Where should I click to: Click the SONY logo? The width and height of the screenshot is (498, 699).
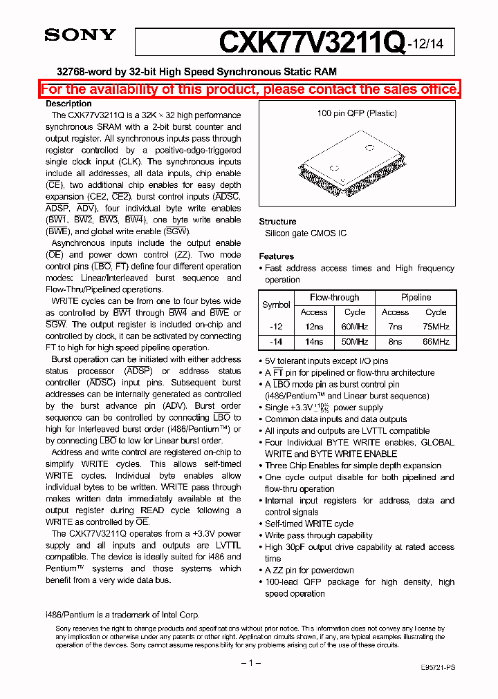point(80,35)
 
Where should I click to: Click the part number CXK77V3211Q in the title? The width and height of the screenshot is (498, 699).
point(311,42)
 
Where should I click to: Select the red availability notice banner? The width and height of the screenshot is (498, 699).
point(250,89)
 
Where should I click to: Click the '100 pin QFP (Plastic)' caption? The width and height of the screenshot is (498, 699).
point(357,113)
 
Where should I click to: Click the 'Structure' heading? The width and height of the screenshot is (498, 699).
point(277,222)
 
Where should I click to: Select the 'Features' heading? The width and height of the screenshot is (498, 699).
point(276,256)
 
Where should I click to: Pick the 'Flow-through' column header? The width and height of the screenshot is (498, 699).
point(334,298)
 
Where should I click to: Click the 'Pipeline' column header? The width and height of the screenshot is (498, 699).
point(416,298)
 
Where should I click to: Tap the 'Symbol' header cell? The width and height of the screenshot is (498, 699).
point(277,305)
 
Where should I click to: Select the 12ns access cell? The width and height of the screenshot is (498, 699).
point(313,327)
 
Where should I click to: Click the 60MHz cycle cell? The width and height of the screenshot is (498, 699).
point(354,327)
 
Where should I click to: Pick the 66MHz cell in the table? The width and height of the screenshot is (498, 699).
point(436,342)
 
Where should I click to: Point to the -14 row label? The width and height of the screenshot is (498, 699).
point(277,342)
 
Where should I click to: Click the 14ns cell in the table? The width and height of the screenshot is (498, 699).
point(313,342)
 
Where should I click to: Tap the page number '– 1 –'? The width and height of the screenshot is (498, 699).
point(250,663)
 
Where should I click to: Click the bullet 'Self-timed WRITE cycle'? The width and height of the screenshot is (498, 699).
point(309,524)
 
